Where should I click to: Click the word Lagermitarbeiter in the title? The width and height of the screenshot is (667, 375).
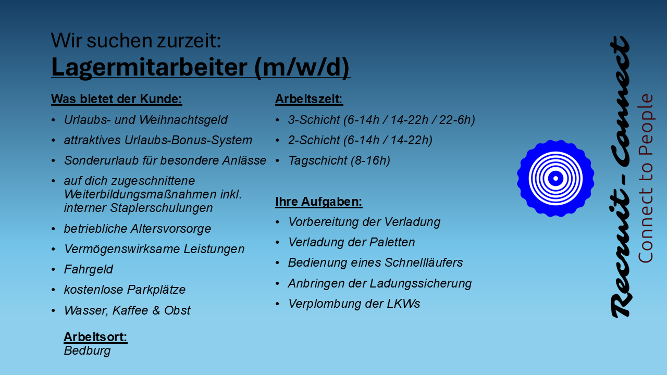coord(149,68)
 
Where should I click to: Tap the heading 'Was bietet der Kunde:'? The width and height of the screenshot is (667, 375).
coord(116,99)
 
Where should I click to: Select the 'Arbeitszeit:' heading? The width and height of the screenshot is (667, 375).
coord(309,99)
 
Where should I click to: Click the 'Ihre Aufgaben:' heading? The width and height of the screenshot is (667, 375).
coord(318,202)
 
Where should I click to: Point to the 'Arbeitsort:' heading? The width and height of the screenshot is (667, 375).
coord(95,337)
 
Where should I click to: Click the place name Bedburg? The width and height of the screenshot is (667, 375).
coord(87,351)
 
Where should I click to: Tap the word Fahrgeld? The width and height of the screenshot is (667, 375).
coord(89,270)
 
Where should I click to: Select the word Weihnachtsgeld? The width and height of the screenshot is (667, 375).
coord(183,120)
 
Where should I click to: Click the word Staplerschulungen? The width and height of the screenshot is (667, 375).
coord(162,208)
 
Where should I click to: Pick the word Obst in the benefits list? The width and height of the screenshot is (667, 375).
coord(177,310)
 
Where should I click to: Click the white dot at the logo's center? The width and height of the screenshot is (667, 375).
coord(555,179)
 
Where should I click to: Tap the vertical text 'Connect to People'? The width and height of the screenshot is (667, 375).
coord(646,179)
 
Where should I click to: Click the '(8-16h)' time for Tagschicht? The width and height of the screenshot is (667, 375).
coord(370,161)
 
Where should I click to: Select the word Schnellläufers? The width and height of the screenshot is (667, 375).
coord(424,263)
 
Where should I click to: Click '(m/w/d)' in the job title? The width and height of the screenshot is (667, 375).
coord(302,68)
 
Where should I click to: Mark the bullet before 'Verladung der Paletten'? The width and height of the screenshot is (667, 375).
coord(278,243)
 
